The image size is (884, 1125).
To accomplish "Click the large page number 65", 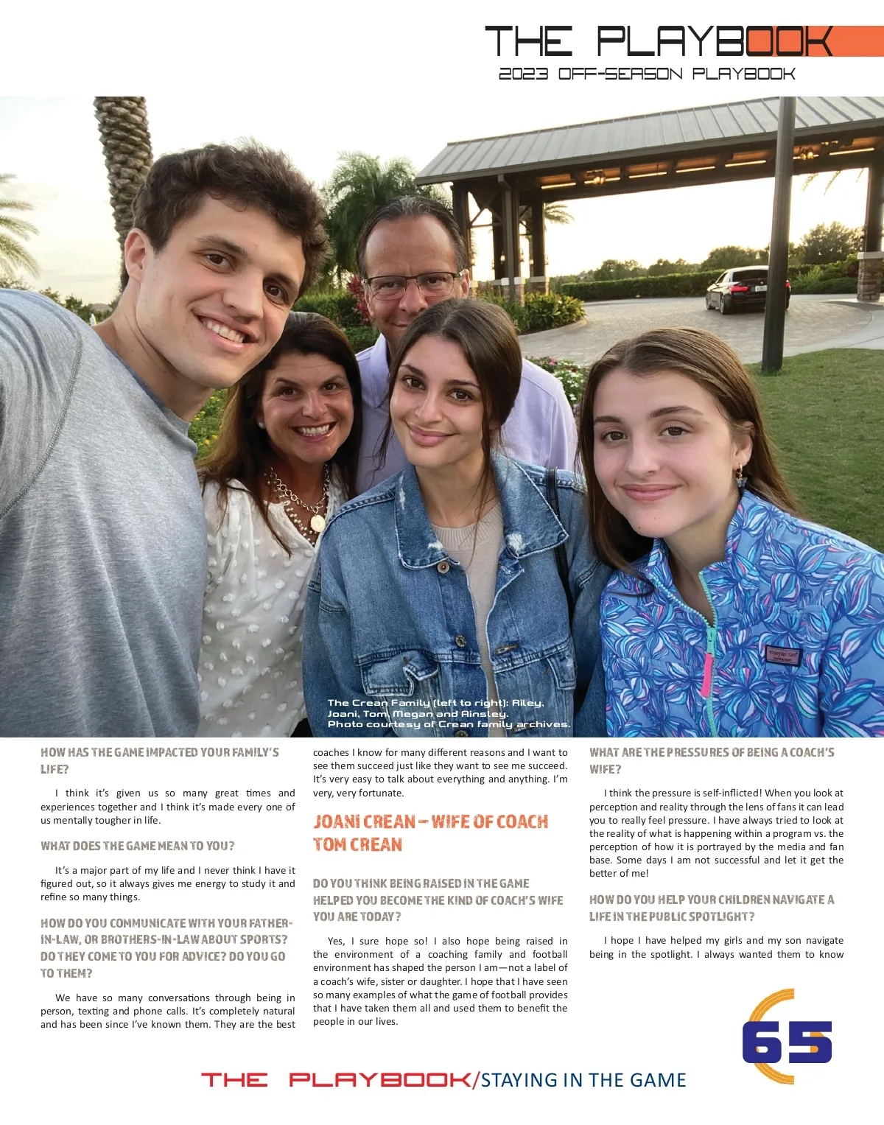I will [787, 1041].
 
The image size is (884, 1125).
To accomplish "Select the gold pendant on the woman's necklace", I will [318, 522].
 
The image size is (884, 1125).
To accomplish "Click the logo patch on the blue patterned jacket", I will [782, 653].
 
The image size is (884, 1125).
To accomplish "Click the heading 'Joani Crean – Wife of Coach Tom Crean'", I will [430, 833].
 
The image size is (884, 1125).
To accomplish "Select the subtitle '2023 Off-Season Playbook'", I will [647, 74].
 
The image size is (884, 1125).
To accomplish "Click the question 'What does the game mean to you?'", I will [137, 846].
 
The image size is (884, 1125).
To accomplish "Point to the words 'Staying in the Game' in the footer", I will [583, 1080].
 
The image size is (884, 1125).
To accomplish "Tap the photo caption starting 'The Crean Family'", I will [449, 713].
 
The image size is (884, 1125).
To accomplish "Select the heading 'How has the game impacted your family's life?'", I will [159, 760].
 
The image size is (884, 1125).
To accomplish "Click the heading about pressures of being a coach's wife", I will [712, 760].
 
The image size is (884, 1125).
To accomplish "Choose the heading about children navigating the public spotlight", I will [712, 908].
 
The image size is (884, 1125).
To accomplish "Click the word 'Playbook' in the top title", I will [715, 42].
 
